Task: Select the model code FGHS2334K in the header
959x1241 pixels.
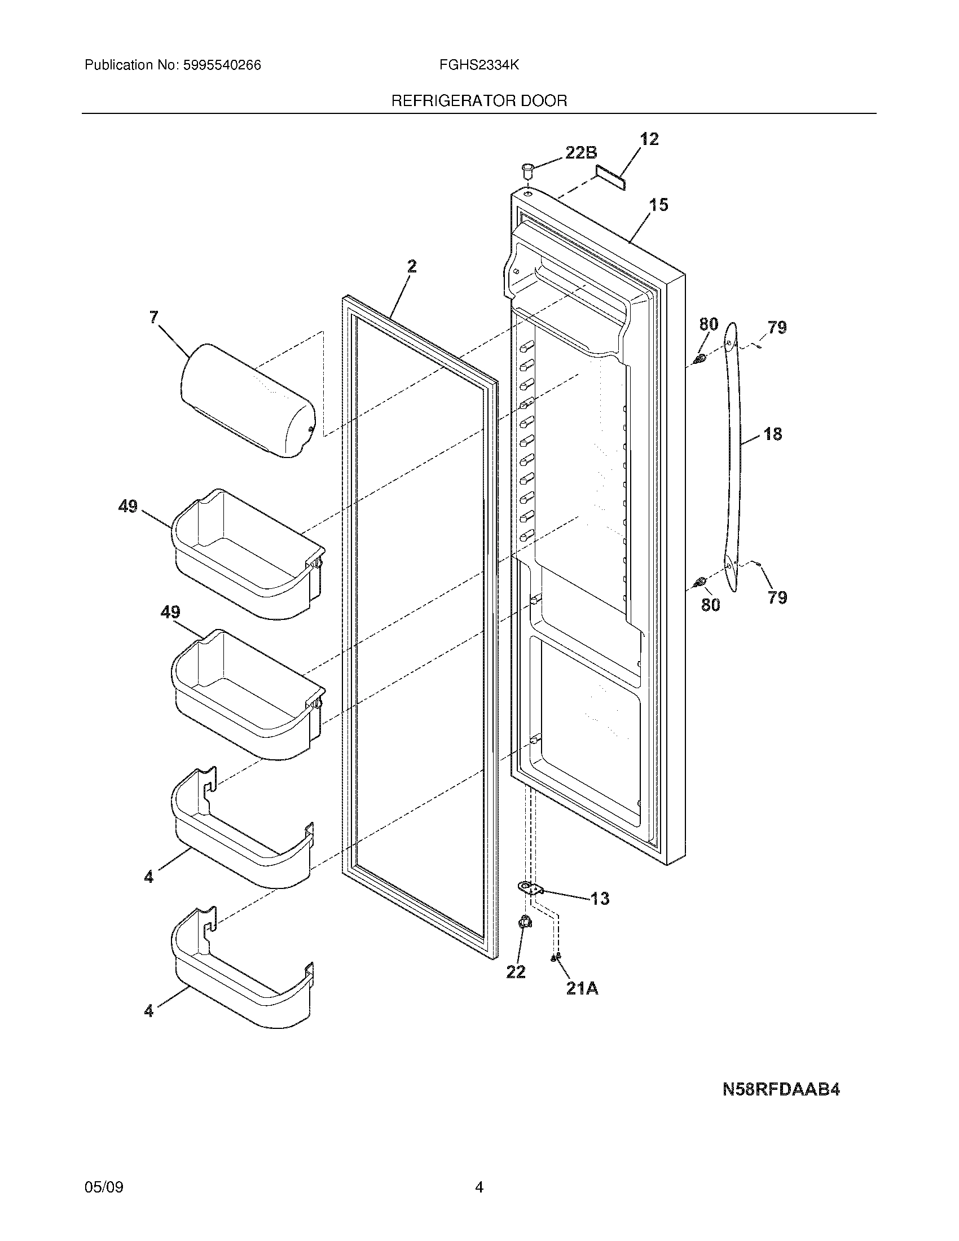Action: tap(479, 65)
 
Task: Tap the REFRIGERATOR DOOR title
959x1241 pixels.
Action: tap(479, 101)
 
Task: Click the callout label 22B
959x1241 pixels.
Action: tap(580, 152)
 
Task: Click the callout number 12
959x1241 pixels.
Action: tap(649, 139)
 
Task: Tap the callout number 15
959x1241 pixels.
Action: tap(659, 205)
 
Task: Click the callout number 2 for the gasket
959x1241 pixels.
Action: tap(412, 266)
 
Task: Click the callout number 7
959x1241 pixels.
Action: tap(154, 317)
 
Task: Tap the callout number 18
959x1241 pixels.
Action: tap(773, 434)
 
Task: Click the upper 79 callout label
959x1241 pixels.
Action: tap(777, 328)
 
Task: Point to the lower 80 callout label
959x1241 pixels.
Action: tap(710, 604)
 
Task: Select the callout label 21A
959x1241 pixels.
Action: tap(582, 989)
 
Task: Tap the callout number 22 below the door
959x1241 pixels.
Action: tap(516, 972)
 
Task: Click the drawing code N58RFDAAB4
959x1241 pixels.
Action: tap(781, 1089)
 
